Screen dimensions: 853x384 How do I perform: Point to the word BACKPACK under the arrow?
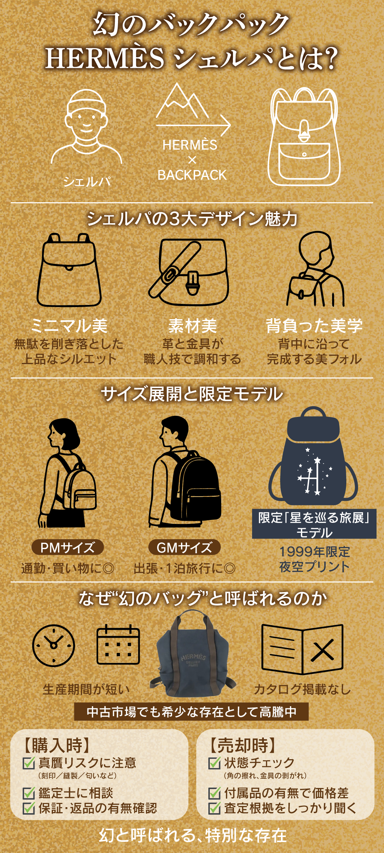tap(192, 175)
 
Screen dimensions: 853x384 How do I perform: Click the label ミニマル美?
tap(69, 326)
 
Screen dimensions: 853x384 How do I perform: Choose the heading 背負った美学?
tap(314, 326)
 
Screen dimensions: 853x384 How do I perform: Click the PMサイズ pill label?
tap(68, 548)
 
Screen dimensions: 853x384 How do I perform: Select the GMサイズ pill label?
tap(184, 548)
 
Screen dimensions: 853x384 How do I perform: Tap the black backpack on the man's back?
tap(196, 485)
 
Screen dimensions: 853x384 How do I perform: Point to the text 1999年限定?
tap(314, 552)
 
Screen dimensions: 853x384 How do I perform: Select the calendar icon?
tap(118, 645)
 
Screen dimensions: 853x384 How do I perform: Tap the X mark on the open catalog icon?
tap(322, 650)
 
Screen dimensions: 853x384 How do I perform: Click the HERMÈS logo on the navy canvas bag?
tap(193, 658)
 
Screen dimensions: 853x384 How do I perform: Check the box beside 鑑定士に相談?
tap(28, 793)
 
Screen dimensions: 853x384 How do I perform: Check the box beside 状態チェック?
tap(214, 763)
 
